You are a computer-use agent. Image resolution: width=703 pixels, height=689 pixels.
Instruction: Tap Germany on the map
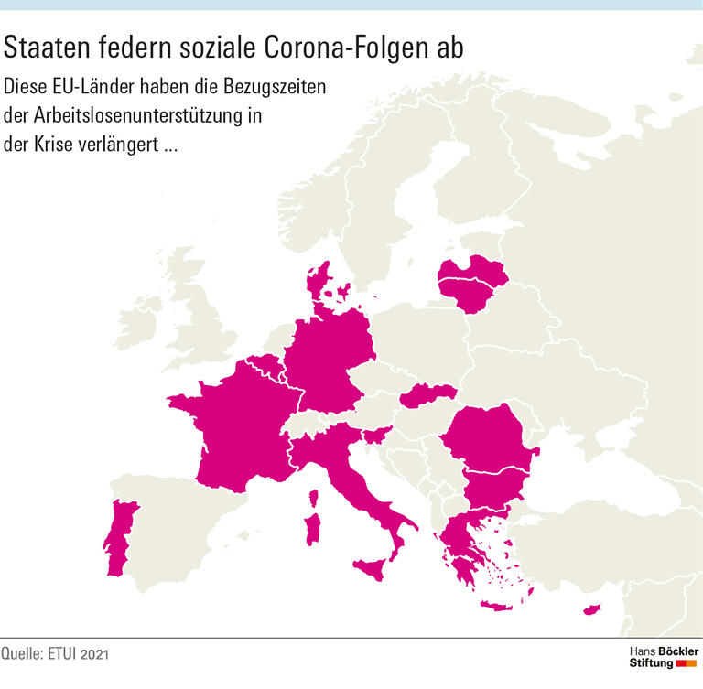(x=330, y=361)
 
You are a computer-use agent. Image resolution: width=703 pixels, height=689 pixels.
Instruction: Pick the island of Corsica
(x=314, y=500)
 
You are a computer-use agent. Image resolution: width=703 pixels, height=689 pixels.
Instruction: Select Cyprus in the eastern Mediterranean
(x=594, y=609)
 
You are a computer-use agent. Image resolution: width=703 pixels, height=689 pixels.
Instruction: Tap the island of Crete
(x=498, y=606)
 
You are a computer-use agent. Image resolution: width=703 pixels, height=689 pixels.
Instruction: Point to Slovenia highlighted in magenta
(x=378, y=435)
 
